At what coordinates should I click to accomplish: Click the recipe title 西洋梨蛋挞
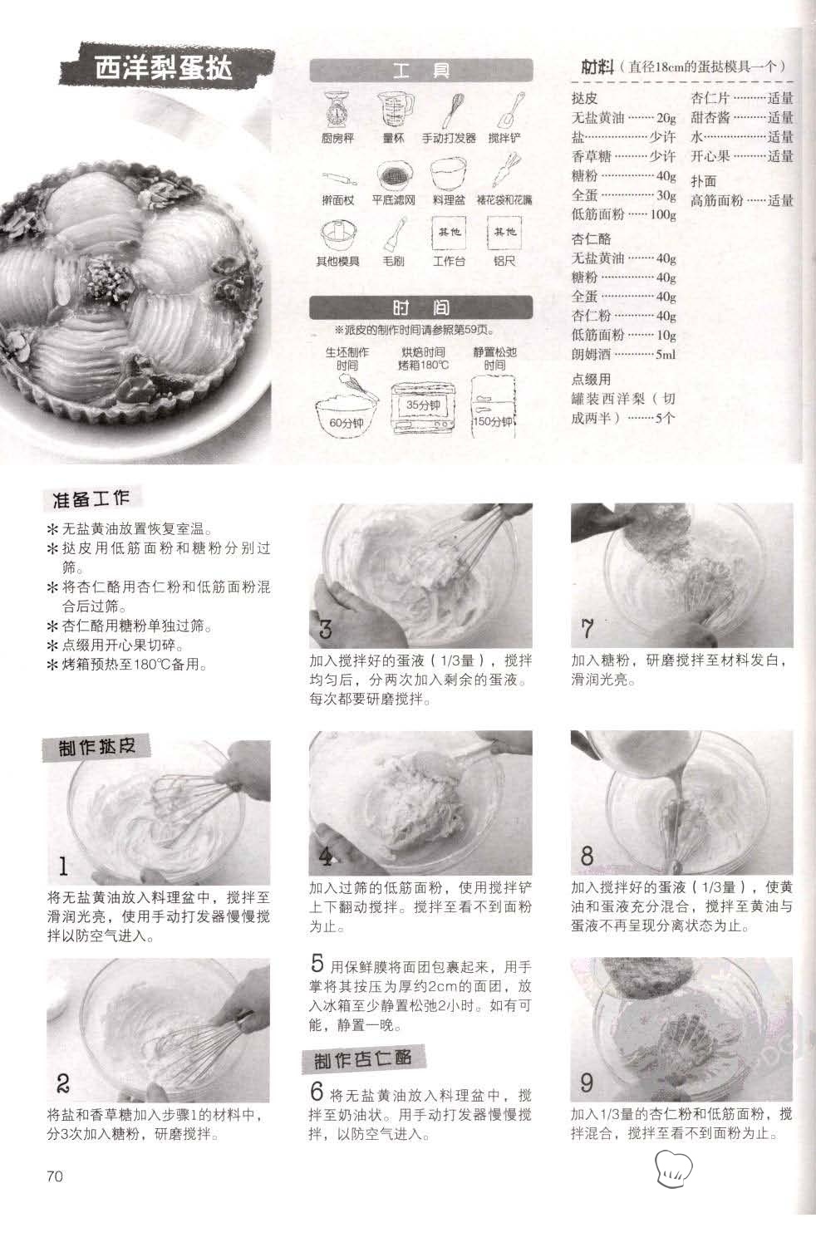pos(163,68)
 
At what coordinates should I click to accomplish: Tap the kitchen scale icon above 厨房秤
pos(337,110)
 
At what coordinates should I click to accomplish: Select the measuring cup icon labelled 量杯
pos(396,110)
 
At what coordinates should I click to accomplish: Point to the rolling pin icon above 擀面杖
pos(339,179)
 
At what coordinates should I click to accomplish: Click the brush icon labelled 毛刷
pos(395,233)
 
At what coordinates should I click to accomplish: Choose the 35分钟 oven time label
pos(423,405)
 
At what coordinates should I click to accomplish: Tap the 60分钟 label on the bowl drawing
pos(346,423)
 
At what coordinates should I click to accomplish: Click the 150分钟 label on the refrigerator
pos(493,421)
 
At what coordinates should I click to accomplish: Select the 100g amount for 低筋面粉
pos(663,214)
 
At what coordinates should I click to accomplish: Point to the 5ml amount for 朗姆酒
pos(666,355)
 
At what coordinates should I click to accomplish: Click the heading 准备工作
pos(91,498)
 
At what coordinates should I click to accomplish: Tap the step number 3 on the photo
pos(325,629)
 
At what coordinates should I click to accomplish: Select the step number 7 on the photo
pos(587,629)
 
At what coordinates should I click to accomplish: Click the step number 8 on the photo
pos(587,856)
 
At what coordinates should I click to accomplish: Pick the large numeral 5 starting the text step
pos(317,963)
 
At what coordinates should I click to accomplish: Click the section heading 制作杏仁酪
pos(363,1058)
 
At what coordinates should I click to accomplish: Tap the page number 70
pos(55,1176)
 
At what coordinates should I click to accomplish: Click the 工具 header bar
pos(420,71)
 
